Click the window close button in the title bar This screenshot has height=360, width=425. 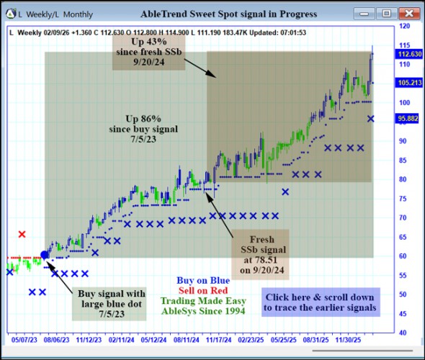pos(408,13)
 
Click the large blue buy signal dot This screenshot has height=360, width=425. pos(45,254)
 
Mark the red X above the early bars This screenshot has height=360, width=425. pos(22,234)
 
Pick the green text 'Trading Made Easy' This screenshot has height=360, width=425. pos(203,301)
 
